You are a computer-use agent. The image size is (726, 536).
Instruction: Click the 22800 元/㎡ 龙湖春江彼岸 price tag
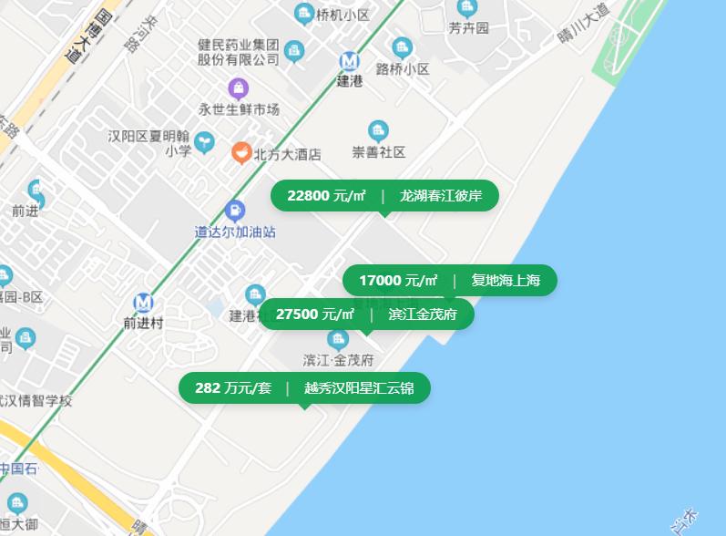click(x=384, y=195)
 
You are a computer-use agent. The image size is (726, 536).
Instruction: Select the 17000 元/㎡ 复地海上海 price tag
click(x=449, y=280)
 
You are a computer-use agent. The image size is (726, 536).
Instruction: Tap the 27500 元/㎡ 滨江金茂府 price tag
click(x=367, y=314)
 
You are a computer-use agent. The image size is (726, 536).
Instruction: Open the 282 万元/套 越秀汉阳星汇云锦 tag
click(x=304, y=388)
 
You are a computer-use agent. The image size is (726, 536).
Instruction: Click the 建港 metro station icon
click(x=349, y=61)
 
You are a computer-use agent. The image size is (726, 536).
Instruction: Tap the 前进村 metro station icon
click(x=143, y=303)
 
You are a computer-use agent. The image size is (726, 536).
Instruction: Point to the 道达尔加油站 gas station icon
click(x=235, y=211)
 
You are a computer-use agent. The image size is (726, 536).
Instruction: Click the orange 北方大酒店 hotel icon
click(x=240, y=152)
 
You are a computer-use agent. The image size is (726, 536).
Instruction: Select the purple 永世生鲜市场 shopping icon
click(x=238, y=88)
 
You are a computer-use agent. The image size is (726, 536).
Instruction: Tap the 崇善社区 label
click(x=379, y=152)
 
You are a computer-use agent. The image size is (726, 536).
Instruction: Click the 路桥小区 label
click(x=403, y=68)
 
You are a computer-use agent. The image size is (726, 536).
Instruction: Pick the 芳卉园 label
click(x=468, y=28)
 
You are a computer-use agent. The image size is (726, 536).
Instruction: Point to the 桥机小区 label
click(x=343, y=15)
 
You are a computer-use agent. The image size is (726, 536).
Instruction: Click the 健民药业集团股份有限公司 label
click(x=239, y=51)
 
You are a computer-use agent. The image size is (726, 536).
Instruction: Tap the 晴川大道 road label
click(x=583, y=28)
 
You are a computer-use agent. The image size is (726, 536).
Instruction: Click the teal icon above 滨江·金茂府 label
click(x=338, y=340)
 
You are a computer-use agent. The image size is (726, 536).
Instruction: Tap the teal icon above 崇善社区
click(x=378, y=131)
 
